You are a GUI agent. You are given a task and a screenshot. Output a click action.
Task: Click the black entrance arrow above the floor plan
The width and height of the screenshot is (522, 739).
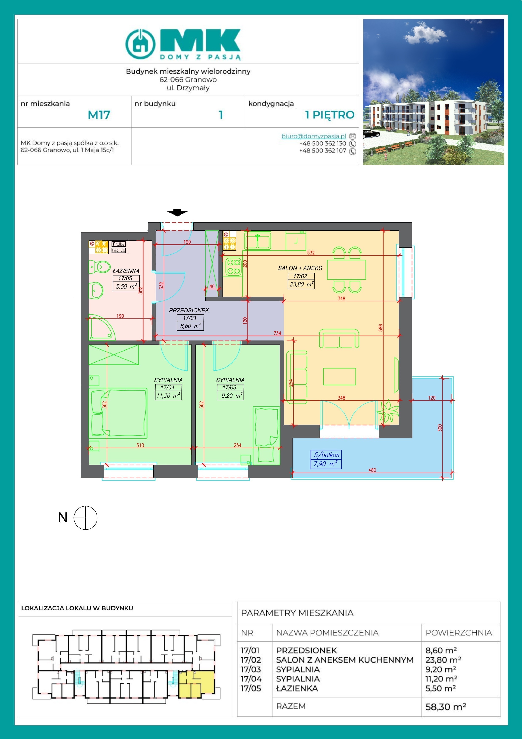point(177,212)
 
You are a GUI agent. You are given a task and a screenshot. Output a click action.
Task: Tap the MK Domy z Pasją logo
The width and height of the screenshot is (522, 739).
point(183,44)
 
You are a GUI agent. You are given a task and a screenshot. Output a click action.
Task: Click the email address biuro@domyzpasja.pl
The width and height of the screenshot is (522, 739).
point(314,136)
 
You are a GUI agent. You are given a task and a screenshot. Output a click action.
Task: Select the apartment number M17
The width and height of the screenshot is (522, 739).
point(99,115)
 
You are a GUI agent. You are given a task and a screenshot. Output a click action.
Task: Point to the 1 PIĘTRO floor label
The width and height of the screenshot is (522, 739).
point(330,115)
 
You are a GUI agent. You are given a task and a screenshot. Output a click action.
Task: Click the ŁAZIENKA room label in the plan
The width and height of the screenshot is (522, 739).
point(126,271)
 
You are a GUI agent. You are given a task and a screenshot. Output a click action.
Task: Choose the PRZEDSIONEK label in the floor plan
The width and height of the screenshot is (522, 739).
point(189,310)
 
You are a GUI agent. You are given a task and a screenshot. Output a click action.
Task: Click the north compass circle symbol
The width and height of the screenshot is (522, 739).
point(85,518)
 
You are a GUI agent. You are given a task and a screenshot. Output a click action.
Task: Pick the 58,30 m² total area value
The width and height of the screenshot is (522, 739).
point(445,707)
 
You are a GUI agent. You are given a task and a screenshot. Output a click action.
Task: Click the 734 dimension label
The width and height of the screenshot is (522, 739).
point(277,333)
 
